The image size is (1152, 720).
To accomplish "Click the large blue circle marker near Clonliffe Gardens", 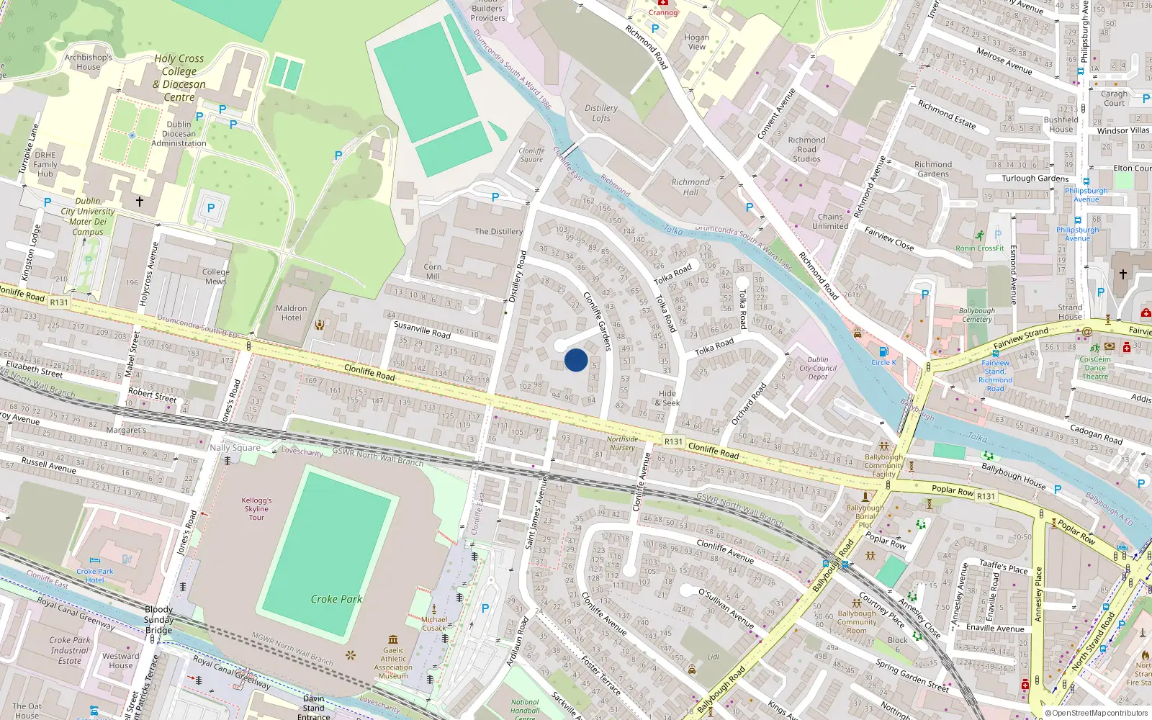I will (576, 360).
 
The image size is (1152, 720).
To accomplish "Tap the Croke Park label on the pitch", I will (336, 599).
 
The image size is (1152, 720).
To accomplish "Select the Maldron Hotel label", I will (292, 312).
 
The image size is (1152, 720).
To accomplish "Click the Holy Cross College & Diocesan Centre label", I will (179, 78).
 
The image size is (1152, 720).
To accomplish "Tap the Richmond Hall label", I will (690, 187).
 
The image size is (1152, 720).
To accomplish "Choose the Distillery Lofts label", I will (601, 113).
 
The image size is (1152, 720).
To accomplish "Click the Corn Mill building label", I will (433, 271).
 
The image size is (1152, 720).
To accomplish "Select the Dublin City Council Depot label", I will (818, 368).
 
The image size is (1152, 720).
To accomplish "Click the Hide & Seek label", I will (667, 398).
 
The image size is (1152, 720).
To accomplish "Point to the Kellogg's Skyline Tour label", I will (256, 508).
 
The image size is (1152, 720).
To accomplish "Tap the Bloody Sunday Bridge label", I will (158, 619).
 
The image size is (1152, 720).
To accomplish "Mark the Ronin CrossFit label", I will (979, 248).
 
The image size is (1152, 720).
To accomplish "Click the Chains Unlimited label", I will (830, 221).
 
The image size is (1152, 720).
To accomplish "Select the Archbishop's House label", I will (89, 62).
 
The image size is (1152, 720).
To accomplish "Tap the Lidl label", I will (713, 657).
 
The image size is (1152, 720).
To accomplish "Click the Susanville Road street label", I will (422, 330).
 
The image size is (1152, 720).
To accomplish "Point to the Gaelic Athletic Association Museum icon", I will (393, 639).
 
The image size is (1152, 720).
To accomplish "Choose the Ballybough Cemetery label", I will (977, 315).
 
